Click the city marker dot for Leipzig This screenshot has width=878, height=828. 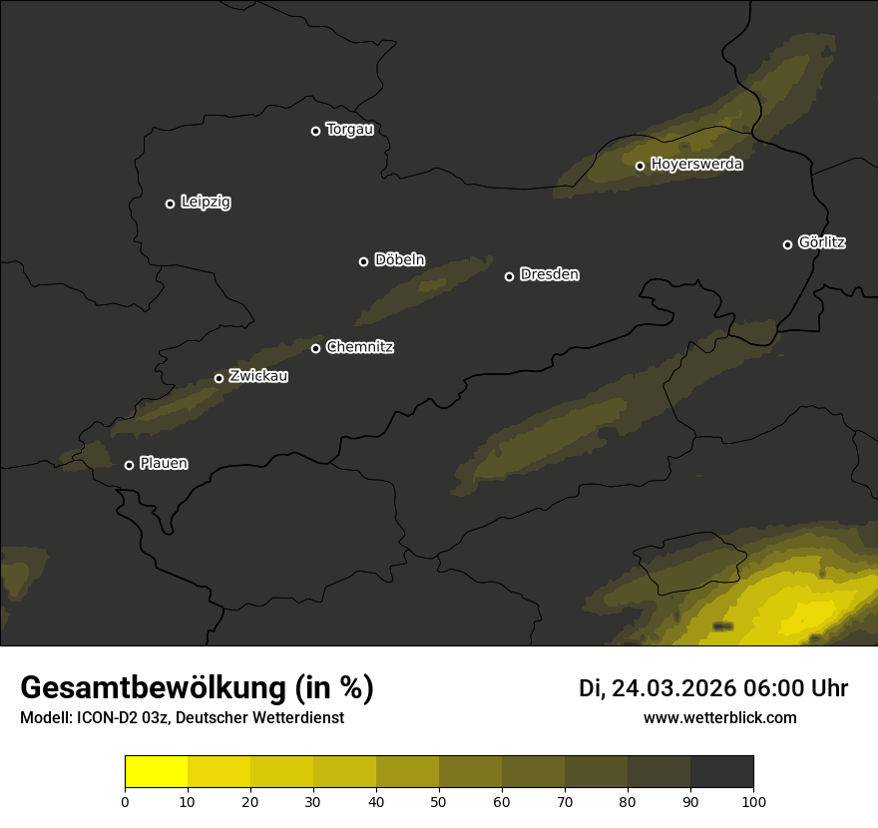pyautogui.click(x=170, y=204)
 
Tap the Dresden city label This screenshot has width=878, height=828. pyautogui.click(x=549, y=274)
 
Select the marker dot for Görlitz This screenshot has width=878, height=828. pyautogui.click(x=787, y=244)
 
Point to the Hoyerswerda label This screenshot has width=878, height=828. pyautogui.click(x=696, y=165)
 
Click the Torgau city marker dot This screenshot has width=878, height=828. pyautogui.click(x=315, y=131)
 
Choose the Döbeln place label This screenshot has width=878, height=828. pyautogui.click(x=399, y=260)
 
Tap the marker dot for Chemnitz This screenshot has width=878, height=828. pyautogui.click(x=315, y=348)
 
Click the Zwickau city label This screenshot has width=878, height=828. pyautogui.click(x=258, y=376)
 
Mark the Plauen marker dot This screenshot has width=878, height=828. pyautogui.click(x=129, y=465)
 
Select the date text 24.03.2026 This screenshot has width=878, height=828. pyautogui.click(x=673, y=688)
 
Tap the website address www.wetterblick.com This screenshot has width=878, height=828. pyautogui.click(x=719, y=717)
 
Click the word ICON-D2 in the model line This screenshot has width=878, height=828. pyautogui.click(x=105, y=718)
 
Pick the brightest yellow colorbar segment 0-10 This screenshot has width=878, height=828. pyautogui.click(x=157, y=772)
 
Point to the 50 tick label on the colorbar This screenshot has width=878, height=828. pyautogui.click(x=439, y=801)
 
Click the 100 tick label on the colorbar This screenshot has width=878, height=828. pyautogui.click(x=753, y=801)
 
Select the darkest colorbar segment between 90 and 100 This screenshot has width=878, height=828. pyautogui.click(x=721, y=772)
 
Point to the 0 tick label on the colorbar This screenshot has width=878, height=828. pyautogui.click(x=125, y=801)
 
